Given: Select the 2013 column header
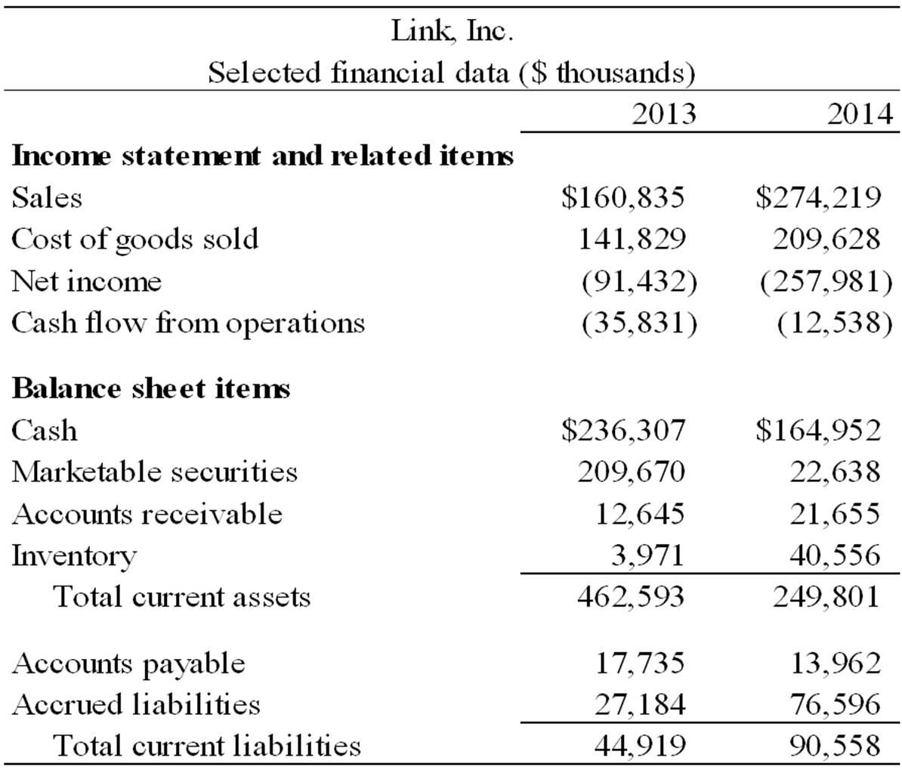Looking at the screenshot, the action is pos(663,113).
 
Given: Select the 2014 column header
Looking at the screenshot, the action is pos(860,113).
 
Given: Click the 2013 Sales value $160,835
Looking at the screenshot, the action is pos(623,196).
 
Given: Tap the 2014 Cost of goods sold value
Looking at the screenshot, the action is pos(826,239).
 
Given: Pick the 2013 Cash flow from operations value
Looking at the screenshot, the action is pos(639,323).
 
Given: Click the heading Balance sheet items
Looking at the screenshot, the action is pos(151,388).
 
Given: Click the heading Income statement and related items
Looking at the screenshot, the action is pos(262,156).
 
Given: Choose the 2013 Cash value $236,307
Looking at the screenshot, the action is pos(623,430).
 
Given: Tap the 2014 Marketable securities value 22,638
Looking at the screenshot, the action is pos(835,472).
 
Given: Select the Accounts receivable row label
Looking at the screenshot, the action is pos(147,514).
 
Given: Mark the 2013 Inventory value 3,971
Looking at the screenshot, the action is pos(647,555).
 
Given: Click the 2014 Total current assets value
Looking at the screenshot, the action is pos(826,597).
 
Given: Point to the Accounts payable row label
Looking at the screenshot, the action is pos(128,663).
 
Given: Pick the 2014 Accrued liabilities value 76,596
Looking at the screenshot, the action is pos(836,704).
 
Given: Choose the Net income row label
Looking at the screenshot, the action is pos(86,281).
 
